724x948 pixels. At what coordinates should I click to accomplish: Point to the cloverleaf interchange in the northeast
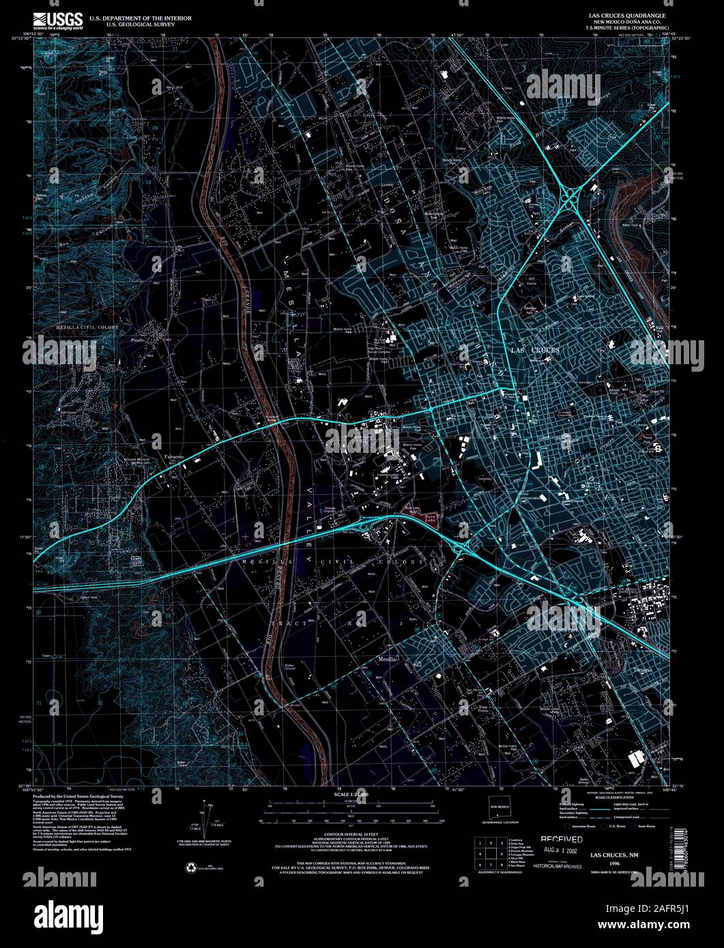(568, 201)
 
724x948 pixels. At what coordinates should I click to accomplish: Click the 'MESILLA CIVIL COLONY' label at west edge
(87, 328)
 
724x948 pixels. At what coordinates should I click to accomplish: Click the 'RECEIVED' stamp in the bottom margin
(562, 840)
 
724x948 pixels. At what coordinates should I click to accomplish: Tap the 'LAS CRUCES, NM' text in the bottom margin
(615, 854)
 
